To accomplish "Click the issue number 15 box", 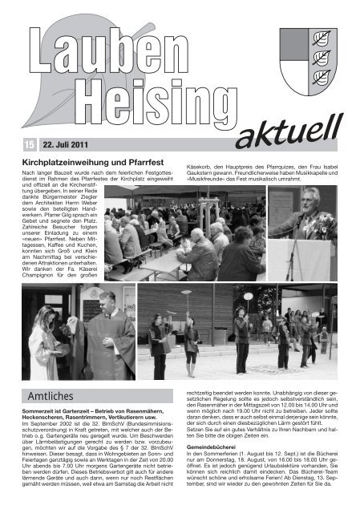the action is point(30,143).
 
